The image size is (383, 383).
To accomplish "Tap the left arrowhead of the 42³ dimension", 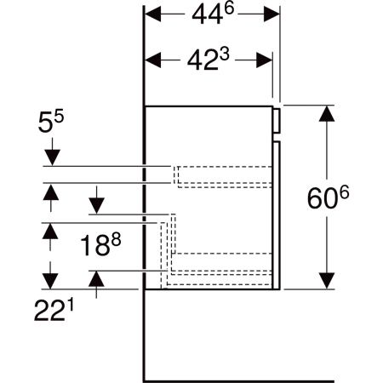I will (153, 60).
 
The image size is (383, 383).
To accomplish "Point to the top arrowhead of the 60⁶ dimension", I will (326, 113).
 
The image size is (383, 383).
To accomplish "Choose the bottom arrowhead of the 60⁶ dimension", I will (326, 281).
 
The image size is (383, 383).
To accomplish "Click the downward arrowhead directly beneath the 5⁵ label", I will (51, 157).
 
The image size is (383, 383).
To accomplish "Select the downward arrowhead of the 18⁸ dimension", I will (96, 205).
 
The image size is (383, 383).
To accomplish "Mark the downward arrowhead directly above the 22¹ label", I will (51, 280).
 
